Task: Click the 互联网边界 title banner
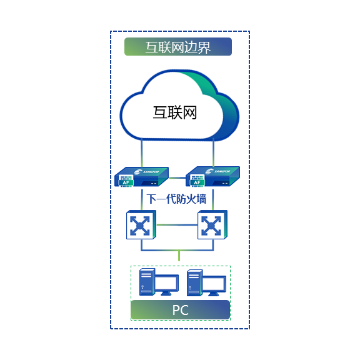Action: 178,47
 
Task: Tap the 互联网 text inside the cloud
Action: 175,112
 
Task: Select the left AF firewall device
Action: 141,177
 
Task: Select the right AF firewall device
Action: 212,176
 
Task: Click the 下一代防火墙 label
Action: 176,199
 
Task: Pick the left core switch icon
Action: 141,225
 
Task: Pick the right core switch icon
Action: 212,225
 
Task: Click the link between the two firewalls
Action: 177,177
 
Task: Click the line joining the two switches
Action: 177,225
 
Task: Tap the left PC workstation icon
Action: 159,282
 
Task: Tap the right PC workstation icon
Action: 206,282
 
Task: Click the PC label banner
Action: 181,310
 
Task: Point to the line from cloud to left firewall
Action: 142,152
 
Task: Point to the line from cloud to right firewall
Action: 214,152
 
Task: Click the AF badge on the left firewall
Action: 126,182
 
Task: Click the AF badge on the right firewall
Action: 197,182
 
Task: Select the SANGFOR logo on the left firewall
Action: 146,172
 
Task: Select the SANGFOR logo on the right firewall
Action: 217,171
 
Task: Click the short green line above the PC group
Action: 179,256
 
